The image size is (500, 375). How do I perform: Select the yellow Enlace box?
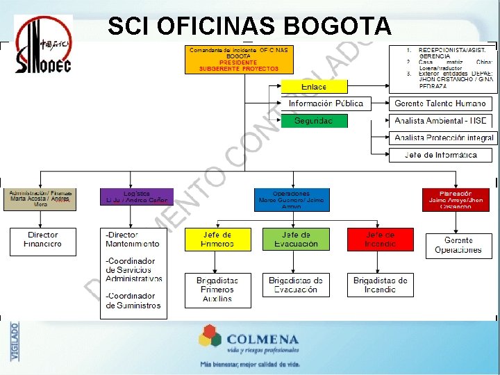point(314,87)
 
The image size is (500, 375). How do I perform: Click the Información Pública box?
point(326,103)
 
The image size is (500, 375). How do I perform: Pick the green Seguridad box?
point(314,121)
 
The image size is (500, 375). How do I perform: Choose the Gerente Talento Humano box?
point(441,103)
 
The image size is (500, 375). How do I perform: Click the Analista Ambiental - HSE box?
point(441,121)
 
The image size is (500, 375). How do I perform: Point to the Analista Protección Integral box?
point(441,138)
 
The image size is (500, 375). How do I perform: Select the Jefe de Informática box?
point(441,155)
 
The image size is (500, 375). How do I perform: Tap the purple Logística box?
point(137,197)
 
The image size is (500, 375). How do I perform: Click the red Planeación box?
point(456,199)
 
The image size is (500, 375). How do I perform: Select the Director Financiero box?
point(43,240)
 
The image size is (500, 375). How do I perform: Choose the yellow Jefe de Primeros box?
point(217,240)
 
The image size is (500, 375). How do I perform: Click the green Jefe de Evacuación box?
point(297,240)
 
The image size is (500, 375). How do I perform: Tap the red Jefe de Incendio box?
point(381,240)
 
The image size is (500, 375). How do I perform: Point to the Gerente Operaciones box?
point(458,246)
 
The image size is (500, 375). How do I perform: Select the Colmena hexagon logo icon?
point(210,338)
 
